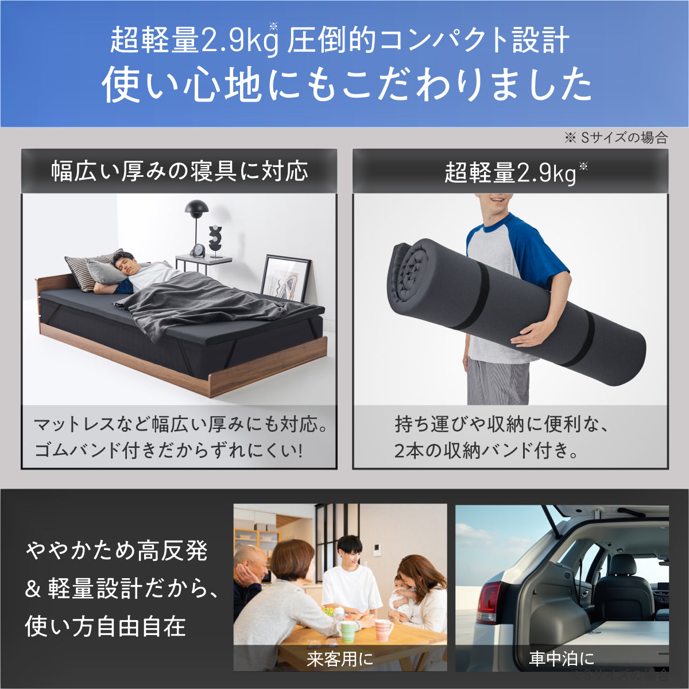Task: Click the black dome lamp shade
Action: [x=196, y=207]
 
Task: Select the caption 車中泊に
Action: [x=562, y=659]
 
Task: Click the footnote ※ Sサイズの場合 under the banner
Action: [x=616, y=138]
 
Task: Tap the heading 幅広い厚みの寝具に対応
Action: [x=180, y=171]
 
